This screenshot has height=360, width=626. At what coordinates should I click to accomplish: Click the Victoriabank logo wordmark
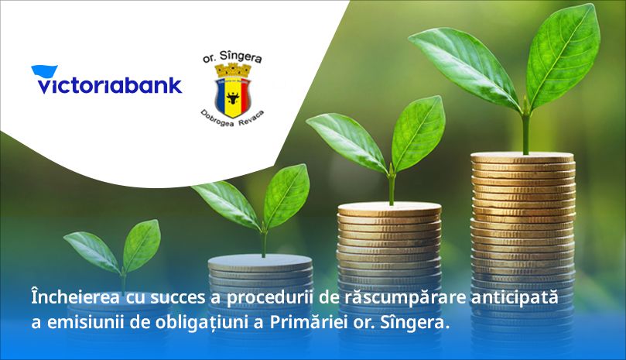tap(110, 85)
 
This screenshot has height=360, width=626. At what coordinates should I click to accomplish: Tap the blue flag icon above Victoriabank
tap(44, 70)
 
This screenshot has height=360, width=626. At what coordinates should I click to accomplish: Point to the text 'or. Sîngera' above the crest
tap(232, 57)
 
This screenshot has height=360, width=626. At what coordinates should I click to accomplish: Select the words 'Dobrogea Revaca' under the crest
tap(232, 118)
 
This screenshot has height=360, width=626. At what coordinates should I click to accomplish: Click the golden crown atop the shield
tap(233, 70)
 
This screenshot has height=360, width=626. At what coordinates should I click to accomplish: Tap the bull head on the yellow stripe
tap(233, 97)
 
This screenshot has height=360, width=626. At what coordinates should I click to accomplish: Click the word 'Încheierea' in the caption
tap(76, 298)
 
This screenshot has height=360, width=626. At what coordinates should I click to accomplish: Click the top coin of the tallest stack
tap(522, 157)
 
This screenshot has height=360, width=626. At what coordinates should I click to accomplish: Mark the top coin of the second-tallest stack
tap(389, 208)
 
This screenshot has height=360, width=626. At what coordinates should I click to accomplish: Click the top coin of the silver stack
tap(260, 262)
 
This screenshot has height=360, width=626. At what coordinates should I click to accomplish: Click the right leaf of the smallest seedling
tap(142, 245)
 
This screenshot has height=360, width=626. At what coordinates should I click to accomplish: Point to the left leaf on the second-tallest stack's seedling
tap(347, 141)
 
